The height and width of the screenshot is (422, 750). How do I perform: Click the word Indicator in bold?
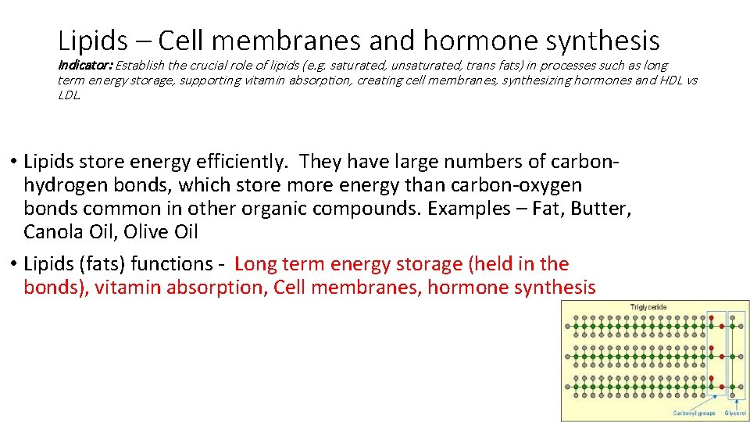click(x=85, y=66)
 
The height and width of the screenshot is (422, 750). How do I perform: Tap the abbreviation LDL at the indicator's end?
click(x=69, y=95)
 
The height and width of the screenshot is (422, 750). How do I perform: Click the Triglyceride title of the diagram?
click(x=648, y=307)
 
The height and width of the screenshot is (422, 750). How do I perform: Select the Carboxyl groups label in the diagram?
click(x=694, y=413)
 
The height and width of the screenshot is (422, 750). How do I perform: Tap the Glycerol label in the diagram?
click(x=735, y=413)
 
